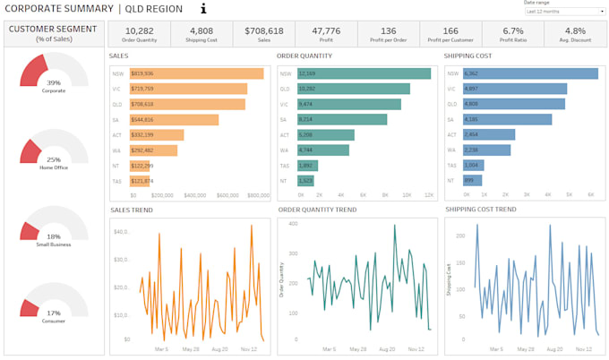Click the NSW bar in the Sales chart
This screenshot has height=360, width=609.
197,73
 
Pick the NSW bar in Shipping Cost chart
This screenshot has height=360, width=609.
529,73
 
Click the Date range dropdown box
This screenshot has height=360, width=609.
565,12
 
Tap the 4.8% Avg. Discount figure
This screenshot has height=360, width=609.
575,30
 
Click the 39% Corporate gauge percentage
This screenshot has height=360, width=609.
54,82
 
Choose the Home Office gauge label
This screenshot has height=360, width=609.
54,167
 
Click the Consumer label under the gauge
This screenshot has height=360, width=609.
54,321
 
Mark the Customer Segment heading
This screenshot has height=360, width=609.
54,29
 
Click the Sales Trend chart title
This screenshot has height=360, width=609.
131,210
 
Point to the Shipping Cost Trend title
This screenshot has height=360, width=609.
480,210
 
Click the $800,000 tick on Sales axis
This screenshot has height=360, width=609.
258,194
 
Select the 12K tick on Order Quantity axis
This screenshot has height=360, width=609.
429,194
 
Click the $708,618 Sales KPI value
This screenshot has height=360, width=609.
264,30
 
